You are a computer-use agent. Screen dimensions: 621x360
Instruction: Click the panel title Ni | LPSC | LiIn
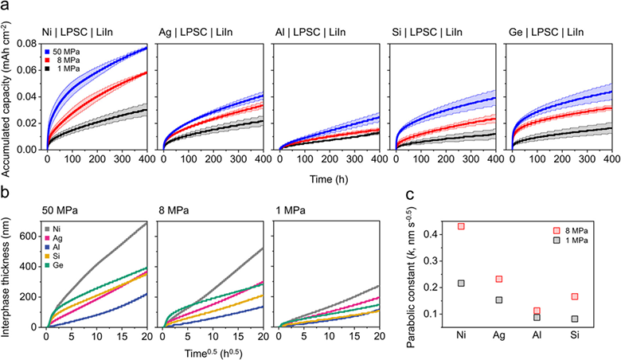point(77,32)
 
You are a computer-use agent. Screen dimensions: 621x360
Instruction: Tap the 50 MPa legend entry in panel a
point(62,52)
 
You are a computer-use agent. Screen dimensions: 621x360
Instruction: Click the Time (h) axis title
point(329,179)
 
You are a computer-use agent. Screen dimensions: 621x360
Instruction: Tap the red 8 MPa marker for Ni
point(461,226)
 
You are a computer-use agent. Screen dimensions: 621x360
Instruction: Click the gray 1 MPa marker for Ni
point(461,284)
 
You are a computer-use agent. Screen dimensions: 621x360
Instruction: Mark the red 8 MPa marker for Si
point(575,296)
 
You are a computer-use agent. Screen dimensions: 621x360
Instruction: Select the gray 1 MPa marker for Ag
point(498,299)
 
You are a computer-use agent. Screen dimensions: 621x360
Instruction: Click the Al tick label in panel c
point(537,335)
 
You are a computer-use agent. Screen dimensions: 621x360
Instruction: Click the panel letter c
point(410,194)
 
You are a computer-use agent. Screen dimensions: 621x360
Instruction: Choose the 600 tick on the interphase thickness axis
point(33,237)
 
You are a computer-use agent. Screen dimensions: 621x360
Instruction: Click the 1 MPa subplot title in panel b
point(291,210)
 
